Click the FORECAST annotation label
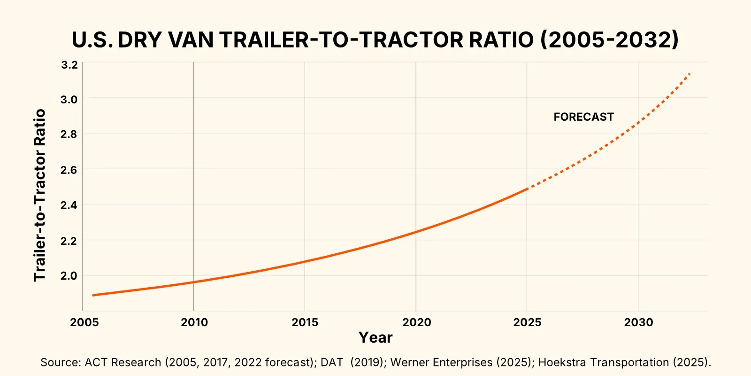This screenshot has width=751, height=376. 583,117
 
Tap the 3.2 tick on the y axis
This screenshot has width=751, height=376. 69,65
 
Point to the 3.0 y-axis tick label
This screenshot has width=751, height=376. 69,100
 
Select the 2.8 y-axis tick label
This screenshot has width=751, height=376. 69,134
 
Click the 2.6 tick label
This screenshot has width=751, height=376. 69,170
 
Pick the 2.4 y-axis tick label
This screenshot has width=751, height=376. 69,205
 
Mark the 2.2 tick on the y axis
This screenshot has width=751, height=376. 69,241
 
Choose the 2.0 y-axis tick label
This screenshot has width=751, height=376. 69,276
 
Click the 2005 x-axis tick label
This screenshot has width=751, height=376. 84,322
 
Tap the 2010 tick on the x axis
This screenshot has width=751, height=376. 194,322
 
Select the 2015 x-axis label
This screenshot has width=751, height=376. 305,322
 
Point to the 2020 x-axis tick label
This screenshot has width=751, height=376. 416,322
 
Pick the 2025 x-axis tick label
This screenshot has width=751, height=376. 527,322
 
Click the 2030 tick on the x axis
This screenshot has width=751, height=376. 638,322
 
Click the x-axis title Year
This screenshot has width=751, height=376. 375,337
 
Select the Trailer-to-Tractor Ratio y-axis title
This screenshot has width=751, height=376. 40,195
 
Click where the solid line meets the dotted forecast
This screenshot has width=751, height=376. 527,189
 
